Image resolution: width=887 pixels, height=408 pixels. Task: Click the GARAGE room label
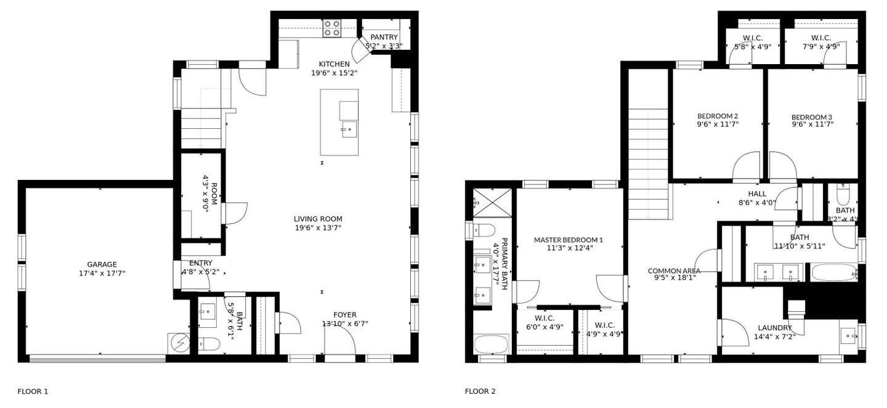coord(102,264)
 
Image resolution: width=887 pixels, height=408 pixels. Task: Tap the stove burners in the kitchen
coord(332,28)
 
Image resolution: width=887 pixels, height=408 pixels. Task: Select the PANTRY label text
coord(384,37)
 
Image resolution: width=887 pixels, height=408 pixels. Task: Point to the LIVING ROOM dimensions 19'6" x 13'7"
coord(318,227)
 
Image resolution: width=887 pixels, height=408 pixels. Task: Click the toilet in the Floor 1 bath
coord(210,344)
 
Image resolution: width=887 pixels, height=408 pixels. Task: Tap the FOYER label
coord(345,315)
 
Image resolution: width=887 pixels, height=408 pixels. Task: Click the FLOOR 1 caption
coord(33,391)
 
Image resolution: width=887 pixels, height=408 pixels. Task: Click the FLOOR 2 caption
coord(480,391)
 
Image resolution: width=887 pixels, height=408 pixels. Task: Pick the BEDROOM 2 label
coord(718,116)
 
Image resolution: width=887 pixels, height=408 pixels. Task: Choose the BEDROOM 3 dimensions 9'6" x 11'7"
coord(812,124)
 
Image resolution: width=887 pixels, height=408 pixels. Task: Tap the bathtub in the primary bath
coord(491,343)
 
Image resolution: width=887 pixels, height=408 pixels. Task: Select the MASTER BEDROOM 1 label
coord(569,240)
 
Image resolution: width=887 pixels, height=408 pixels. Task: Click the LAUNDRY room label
coord(774,328)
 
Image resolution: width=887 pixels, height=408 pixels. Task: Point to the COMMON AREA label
coord(674,271)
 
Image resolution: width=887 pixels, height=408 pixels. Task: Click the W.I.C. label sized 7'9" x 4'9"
coord(821,38)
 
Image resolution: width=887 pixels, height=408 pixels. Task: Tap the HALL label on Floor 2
coord(757,194)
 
